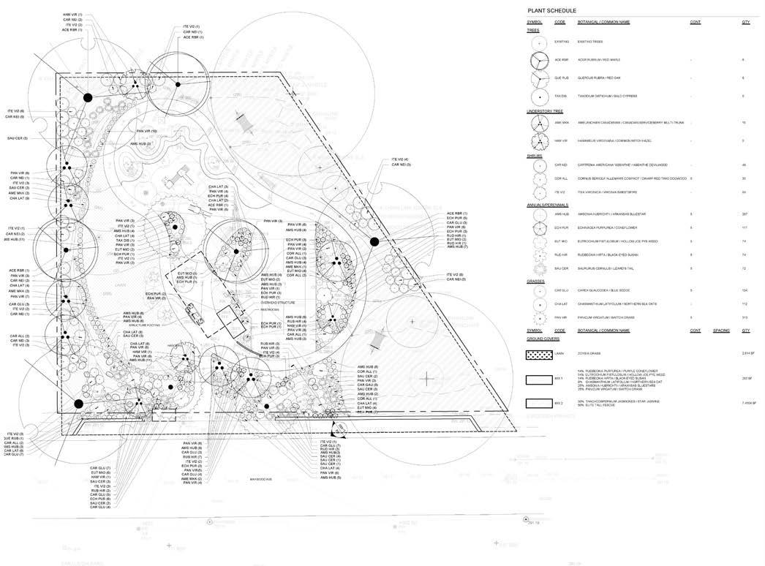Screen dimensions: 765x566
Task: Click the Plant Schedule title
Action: click(x=551, y=11)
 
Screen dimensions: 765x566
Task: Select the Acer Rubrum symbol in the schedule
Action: click(x=540, y=60)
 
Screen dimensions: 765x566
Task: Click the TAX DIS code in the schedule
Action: click(x=561, y=96)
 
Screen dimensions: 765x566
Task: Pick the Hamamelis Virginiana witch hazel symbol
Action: click(x=540, y=140)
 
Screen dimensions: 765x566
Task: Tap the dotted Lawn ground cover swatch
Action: click(x=540, y=353)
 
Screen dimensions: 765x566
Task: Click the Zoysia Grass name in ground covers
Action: click(x=591, y=352)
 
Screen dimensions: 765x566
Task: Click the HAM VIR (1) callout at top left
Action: click(x=72, y=14)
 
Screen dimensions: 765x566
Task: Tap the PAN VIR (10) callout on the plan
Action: click(x=146, y=131)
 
